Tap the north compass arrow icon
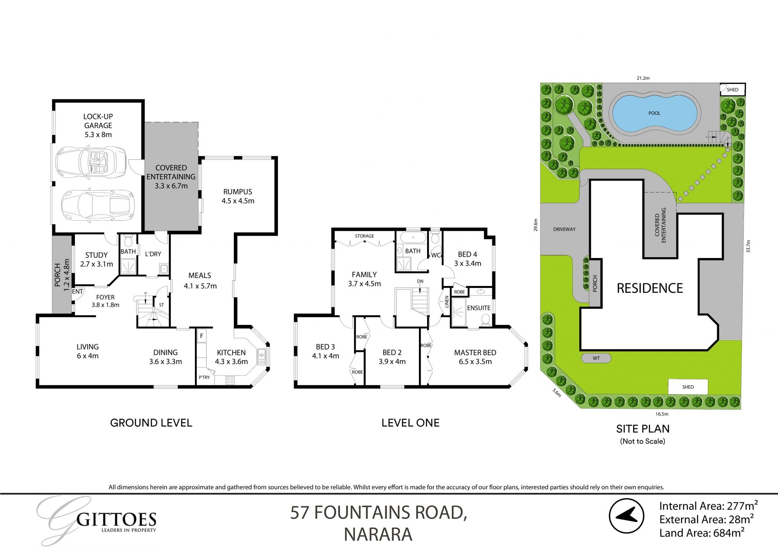[x=626, y=516]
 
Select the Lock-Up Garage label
[x=98, y=121]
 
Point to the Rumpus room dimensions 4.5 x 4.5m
[x=238, y=201]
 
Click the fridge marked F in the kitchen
[x=201, y=336]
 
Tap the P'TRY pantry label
[x=204, y=378]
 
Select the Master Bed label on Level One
[x=475, y=352]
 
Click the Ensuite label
[x=479, y=308]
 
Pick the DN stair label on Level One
[x=420, y=281]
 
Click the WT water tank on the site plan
[x=596, y=358]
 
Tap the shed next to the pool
[x=732, y=90]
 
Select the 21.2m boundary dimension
[x=643, y=78]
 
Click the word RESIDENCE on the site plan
[x=650, y=288]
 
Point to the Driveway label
[x=564, y=229]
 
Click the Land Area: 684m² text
[x=701, y=533]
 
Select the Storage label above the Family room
[x=364, y=236]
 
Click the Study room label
[x=96, y=255]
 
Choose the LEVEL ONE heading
[x=410, y=423]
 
